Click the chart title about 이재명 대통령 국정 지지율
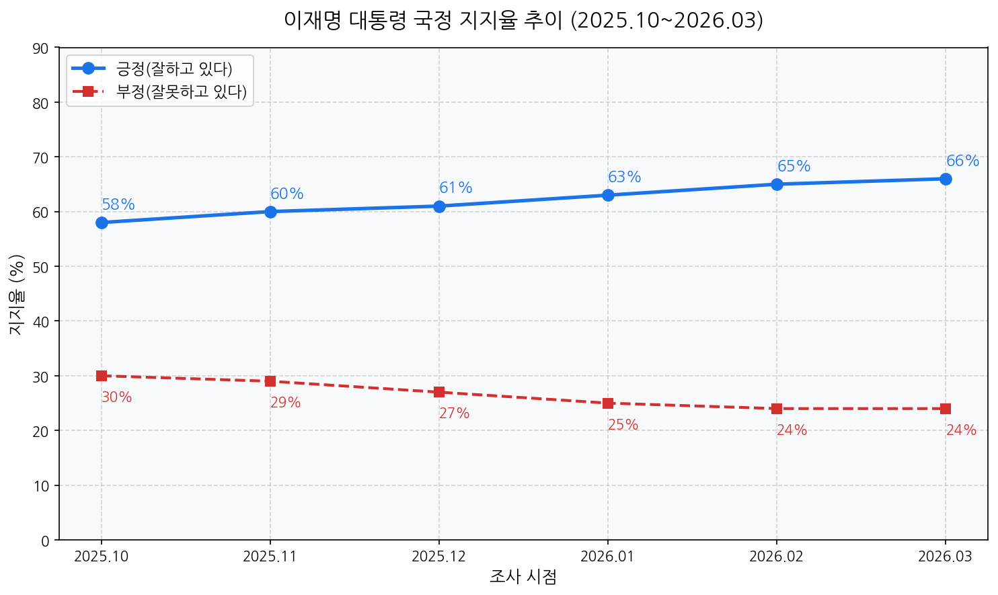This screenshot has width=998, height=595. [523, 21]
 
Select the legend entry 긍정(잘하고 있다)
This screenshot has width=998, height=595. [174, 69]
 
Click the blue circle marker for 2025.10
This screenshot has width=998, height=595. [102, 223]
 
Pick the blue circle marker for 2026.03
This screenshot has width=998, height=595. [946, 179]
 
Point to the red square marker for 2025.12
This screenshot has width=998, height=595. [439, 392]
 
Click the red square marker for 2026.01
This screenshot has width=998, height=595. [608, 403]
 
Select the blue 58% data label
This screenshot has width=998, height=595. [118, 204]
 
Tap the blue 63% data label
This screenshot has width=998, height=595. [625, 177]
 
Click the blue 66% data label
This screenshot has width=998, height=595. [962, 161]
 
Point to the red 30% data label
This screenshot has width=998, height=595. [117, 397]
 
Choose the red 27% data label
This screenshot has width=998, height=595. [455, 413]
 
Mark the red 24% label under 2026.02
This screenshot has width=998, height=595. [792, 430]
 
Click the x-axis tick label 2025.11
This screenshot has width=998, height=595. [270, 557]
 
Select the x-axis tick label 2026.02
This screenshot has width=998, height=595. [776, 557]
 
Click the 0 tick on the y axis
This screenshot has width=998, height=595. [45, 541]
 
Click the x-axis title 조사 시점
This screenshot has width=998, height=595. [523, 577]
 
